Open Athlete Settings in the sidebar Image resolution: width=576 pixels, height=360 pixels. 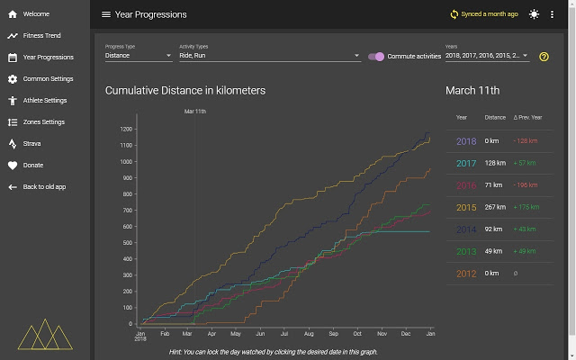(x=45, y=101)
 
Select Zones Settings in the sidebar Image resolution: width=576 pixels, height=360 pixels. (x=43, y=122)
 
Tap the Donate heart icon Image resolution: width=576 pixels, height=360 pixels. (x=13, y=166)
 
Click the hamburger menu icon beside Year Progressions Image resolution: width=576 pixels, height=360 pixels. (x=106, y=14)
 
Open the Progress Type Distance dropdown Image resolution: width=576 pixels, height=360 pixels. (x=138, y=56)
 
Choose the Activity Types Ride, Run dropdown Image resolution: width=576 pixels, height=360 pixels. (x=269, y=56)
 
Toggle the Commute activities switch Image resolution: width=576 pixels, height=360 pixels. (x=377, y=56)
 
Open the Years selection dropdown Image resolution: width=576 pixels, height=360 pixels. (x=486, y=56)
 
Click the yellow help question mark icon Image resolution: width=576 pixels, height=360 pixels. (x=544, y=57)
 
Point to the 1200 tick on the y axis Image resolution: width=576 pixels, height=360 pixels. (x=126, y=129)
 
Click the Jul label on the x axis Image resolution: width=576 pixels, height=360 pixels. (x=284, y=333)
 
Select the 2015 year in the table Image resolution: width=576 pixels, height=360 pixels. (x=466, y=208)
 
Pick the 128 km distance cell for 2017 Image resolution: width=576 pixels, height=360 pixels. (x=495, y=163)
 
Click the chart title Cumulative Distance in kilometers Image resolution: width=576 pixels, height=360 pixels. (x=184, y=91)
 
